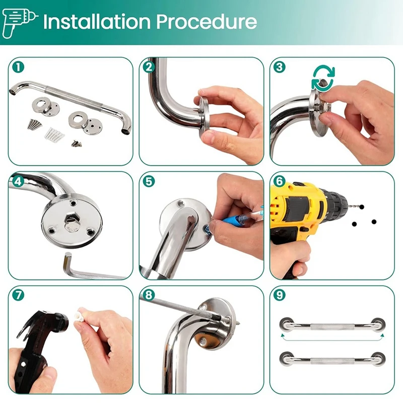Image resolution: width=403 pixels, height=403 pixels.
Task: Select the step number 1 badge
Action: tap(18, 67)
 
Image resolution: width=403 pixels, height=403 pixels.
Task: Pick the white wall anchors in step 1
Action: tap(54, 134)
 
